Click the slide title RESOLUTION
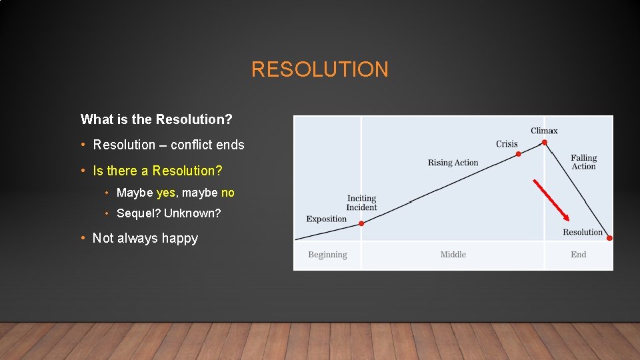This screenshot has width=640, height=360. (319, 69)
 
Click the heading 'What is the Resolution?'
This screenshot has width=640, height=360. (156, 119)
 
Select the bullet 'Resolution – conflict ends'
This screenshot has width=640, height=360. (169, 145)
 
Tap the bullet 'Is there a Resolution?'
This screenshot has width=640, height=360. (157, 171)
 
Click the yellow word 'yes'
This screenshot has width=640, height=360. (165, 193)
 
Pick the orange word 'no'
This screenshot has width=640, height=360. (227, 193)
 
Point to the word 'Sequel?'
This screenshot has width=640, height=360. (138, 213)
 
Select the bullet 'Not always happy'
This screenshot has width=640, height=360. (145, 238)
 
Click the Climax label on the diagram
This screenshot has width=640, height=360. (544, 131)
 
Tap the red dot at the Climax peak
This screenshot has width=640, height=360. (545, 142)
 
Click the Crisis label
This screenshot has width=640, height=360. (507, 144)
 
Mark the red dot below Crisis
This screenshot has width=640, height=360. (519, 154)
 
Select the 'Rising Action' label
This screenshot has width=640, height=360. (453, 163)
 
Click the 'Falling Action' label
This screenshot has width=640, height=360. (583, 162)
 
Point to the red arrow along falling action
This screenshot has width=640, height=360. (551, 199)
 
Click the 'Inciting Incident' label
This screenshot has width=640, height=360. (361, 203)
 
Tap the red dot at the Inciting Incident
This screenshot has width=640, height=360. (361, 223)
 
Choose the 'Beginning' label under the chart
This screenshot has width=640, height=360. (327, 255)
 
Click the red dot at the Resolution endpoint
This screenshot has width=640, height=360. (609, 238)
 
